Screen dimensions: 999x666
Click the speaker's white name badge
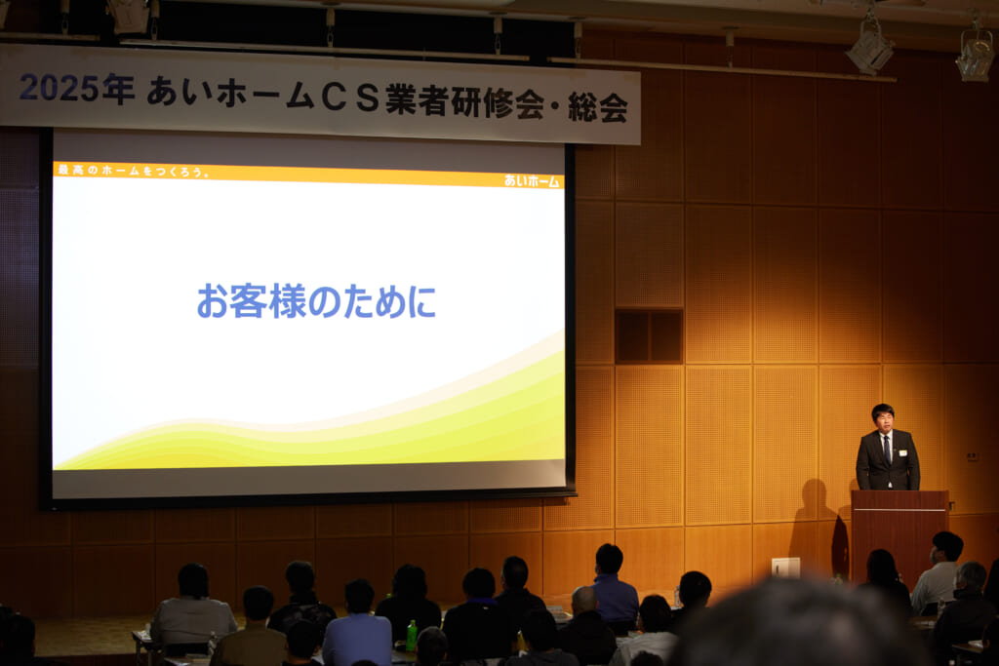pyautogui.click(x=902, y=452)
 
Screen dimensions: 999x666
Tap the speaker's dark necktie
pyautogui.click(x=887, y=450)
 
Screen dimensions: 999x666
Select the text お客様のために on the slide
pyautogui.click(x=317, y=301)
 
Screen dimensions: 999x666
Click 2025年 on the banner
pyautogui.click(x=77, y=89)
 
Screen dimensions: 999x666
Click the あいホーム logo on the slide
pyautogui.click(x=531, y=180)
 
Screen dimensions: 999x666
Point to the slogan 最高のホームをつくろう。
pyautogui.click(x=133, y=171)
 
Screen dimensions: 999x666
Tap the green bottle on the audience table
pyautogui.click(x=412, y=635)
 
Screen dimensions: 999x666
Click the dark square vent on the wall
pyautogui.click(x=649, y=336)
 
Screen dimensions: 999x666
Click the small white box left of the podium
pyautogui.click(x=785, y=568)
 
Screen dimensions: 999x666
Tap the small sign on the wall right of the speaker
pyautogui.click(x=972, y=456)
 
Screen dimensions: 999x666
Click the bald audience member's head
pyautogui.click(x=583, y=601)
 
